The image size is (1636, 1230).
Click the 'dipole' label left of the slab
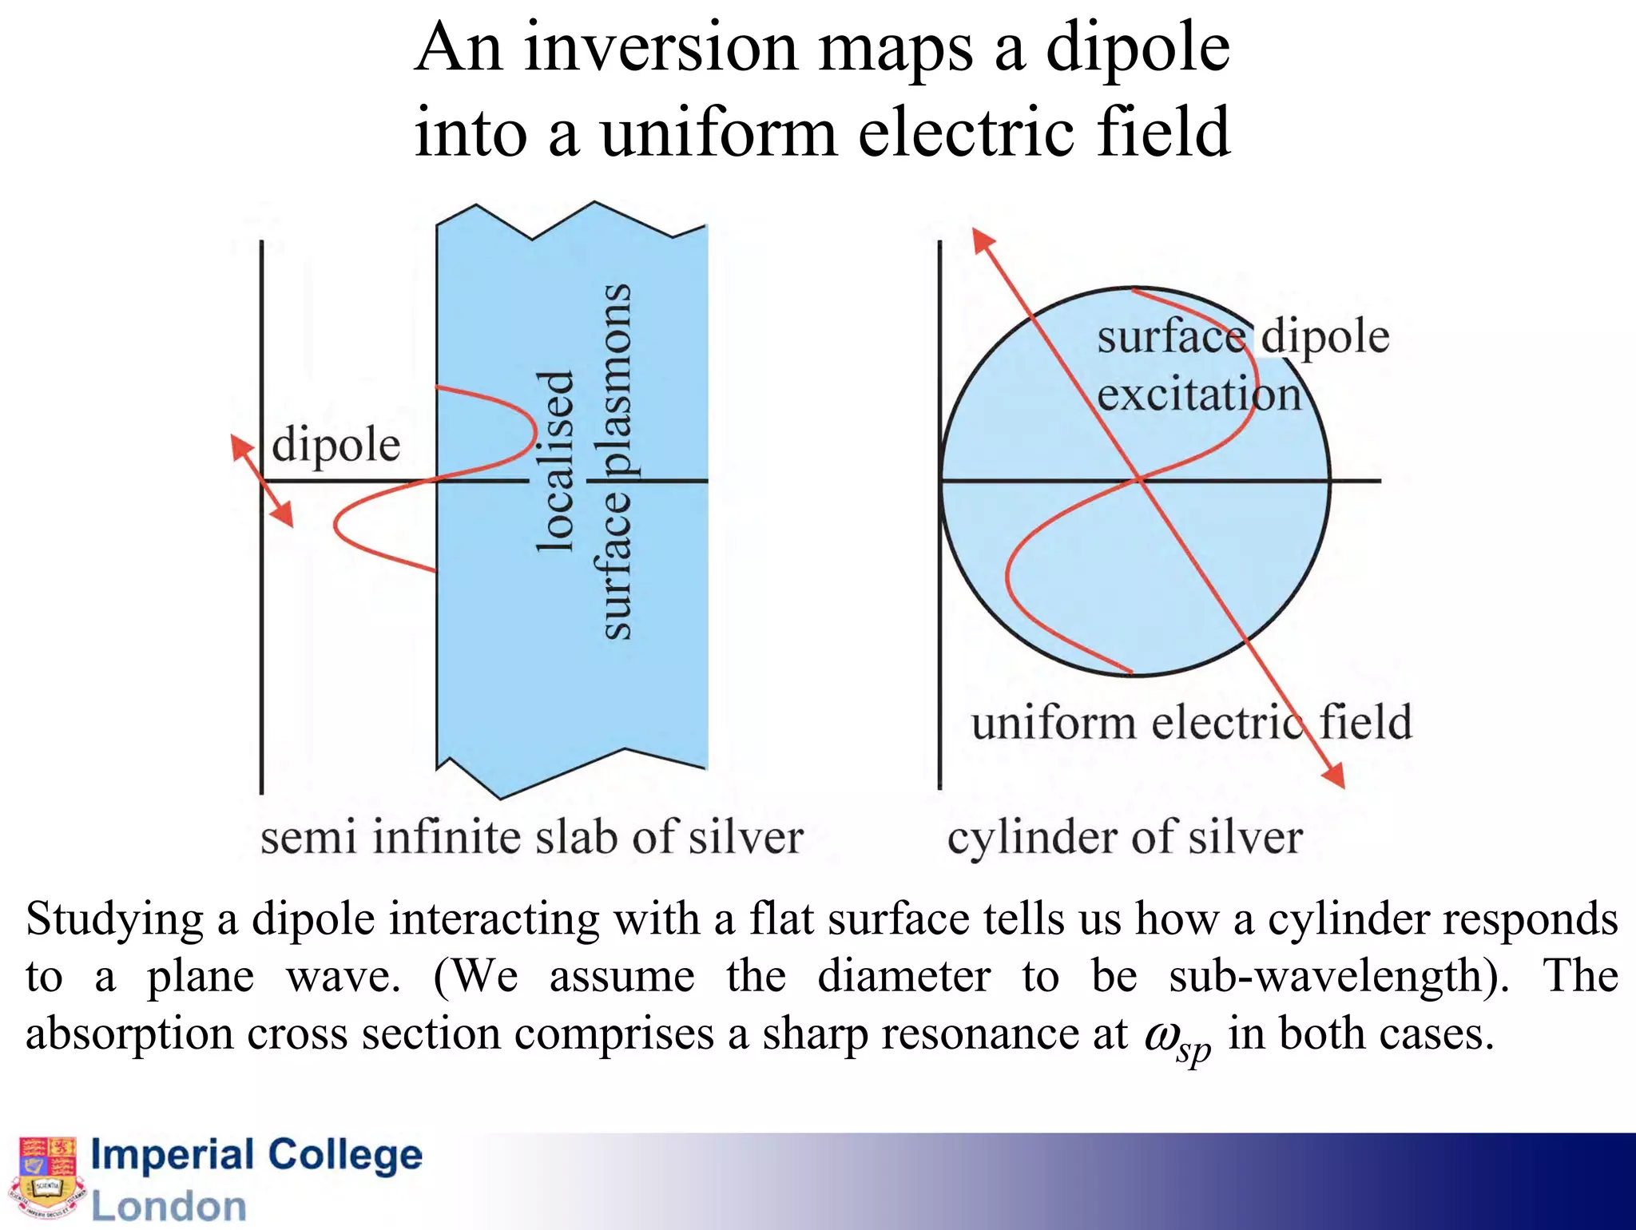336,445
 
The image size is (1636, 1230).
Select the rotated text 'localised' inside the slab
554,462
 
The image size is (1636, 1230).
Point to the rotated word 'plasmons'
615,379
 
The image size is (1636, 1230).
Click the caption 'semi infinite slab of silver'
531,838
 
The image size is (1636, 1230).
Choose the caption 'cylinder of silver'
1125,838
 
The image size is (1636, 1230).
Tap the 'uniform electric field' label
1191,722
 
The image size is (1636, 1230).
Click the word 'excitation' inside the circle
1198,395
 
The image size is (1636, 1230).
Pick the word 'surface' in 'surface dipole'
1171,337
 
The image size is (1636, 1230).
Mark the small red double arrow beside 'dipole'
262,481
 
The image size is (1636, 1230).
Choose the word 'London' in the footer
169,1206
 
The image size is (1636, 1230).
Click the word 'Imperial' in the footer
173,1155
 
